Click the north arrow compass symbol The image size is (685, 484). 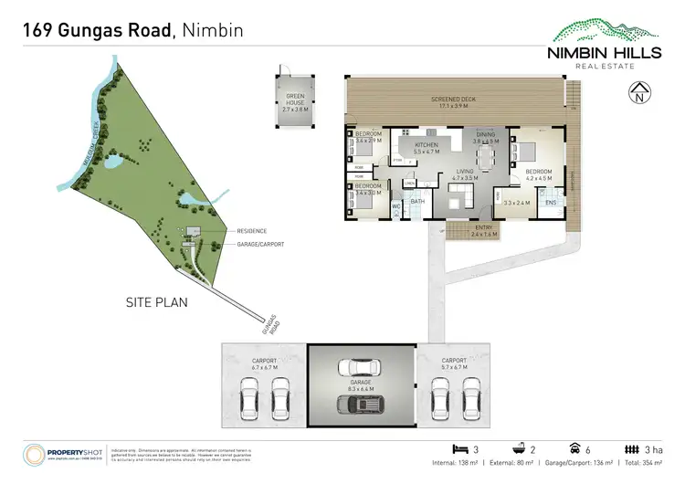639,90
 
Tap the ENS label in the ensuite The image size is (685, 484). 551,203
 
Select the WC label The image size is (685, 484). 396,207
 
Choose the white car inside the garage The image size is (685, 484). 360,367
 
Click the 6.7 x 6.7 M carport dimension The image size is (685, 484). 264,366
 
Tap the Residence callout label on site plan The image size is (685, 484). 251,231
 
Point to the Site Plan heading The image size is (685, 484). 156,300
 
